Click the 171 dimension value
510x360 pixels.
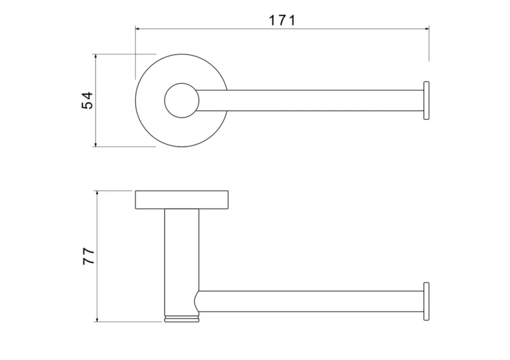[x=282, y=20]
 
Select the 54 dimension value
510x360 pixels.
[x=87, y=100]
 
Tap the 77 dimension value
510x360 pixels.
[x=88, y=256]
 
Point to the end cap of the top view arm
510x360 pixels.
[x=426, y=100]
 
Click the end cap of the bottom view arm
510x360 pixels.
[x=426, y=302]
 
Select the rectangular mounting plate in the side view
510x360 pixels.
[x=182, y=200]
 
